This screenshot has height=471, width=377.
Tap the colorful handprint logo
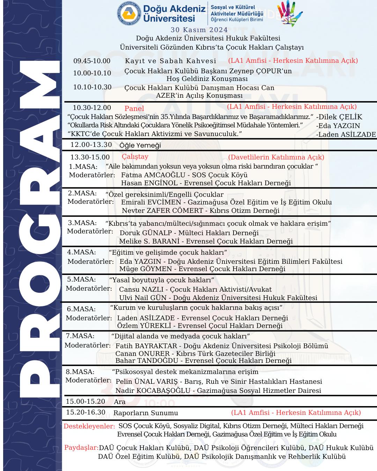point(289,13)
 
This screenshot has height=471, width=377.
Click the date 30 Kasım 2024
point(199,30)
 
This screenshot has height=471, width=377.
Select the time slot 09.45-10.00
point(91,61)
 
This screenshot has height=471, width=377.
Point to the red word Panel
point(134,109)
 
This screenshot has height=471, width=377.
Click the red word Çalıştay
point(135,157)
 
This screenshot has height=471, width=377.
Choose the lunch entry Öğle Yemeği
point(140,145)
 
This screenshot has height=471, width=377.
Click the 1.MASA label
point(83,167)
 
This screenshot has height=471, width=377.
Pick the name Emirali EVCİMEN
point(151,202)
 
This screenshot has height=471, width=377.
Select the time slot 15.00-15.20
point(86,402)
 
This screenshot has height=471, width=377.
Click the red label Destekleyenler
point(89,426)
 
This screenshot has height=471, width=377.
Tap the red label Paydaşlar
point(81,448)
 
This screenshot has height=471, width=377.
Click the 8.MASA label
point(80,372)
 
